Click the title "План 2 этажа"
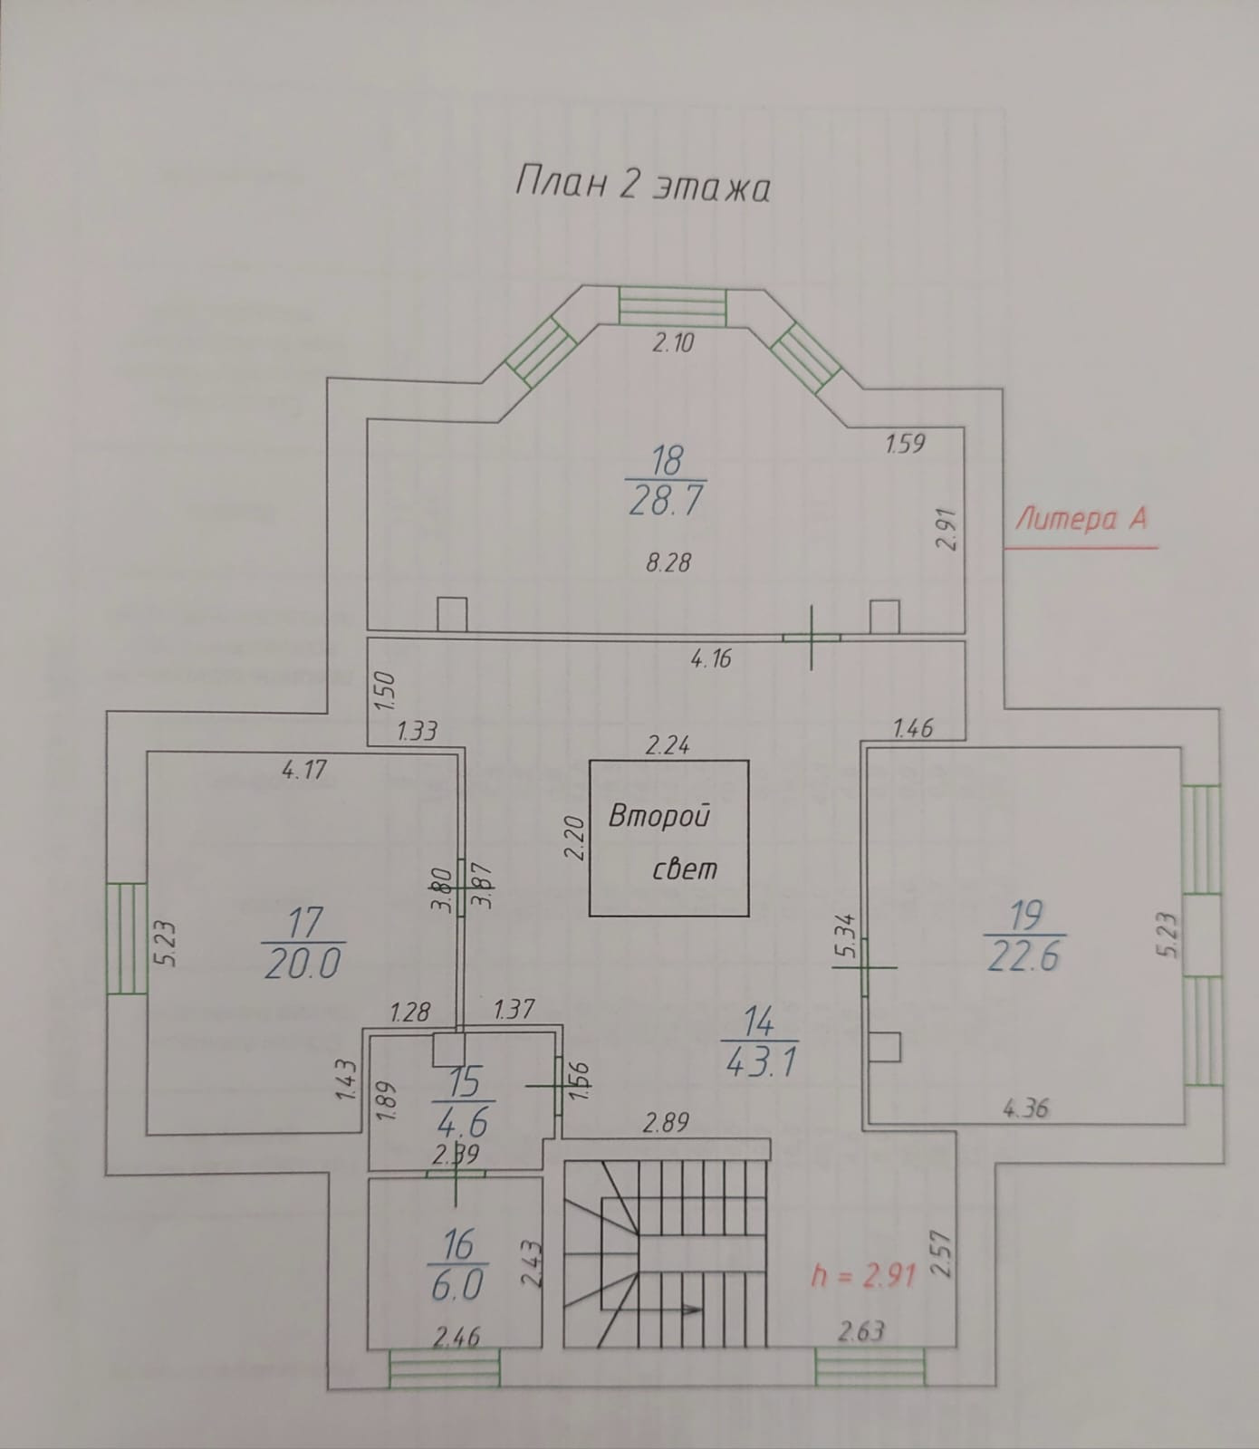pos(642,186)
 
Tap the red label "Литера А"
pos(1081,519)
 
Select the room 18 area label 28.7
pos(667,500)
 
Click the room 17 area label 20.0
pos(303,962)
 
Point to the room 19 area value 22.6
pos(1024,955)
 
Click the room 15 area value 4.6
pos(462,1123)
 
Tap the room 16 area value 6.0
pos(458,1284)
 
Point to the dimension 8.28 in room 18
pos(668,562)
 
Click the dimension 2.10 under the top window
pos(673,342)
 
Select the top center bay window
pos(672,305)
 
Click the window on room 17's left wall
pos(127,938)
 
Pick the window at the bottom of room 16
pos(444,1367)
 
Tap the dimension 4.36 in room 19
pos(1026,1107)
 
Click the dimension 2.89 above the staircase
pos(666,1123)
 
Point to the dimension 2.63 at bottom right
pos(861,1330)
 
